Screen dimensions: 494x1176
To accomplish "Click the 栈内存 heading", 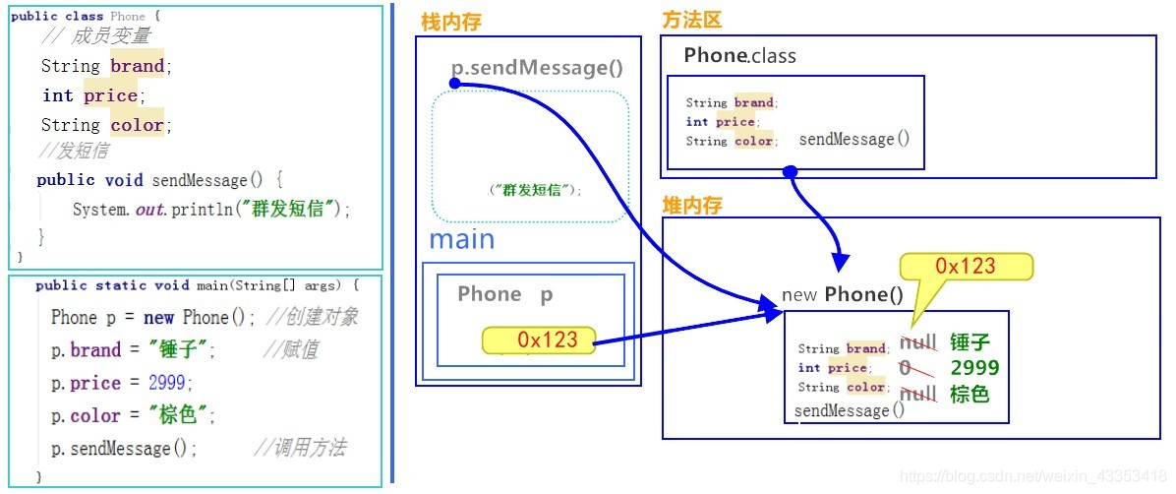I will tap(451, 22).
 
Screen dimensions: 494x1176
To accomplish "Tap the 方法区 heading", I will tap(693, 20).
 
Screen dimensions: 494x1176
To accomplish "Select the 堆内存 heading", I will tap(693, 205).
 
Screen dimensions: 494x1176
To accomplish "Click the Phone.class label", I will tap(739, 56).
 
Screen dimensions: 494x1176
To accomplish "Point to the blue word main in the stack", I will tap(461, 239).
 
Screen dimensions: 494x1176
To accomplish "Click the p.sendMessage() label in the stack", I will tap(537, 68).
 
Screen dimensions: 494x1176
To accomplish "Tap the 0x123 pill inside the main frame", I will tap(539, 340).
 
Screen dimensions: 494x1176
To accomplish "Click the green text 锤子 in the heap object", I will tap(970, 342).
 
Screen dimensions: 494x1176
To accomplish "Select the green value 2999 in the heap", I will tap(974, 368).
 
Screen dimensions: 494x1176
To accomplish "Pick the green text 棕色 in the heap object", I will tap(970, 394).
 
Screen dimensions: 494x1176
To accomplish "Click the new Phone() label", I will tap(842, 294).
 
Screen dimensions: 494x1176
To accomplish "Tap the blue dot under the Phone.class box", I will tap(790, 172).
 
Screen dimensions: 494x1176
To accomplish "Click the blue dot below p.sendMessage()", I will tap(455, 84).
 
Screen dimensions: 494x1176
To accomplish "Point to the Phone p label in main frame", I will tap(505, 294).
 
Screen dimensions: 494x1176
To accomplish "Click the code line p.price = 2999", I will tap(122, 383).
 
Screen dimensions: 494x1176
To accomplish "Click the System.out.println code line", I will tap(211, 209).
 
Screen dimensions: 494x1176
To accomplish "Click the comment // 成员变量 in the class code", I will tap(96, 36).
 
